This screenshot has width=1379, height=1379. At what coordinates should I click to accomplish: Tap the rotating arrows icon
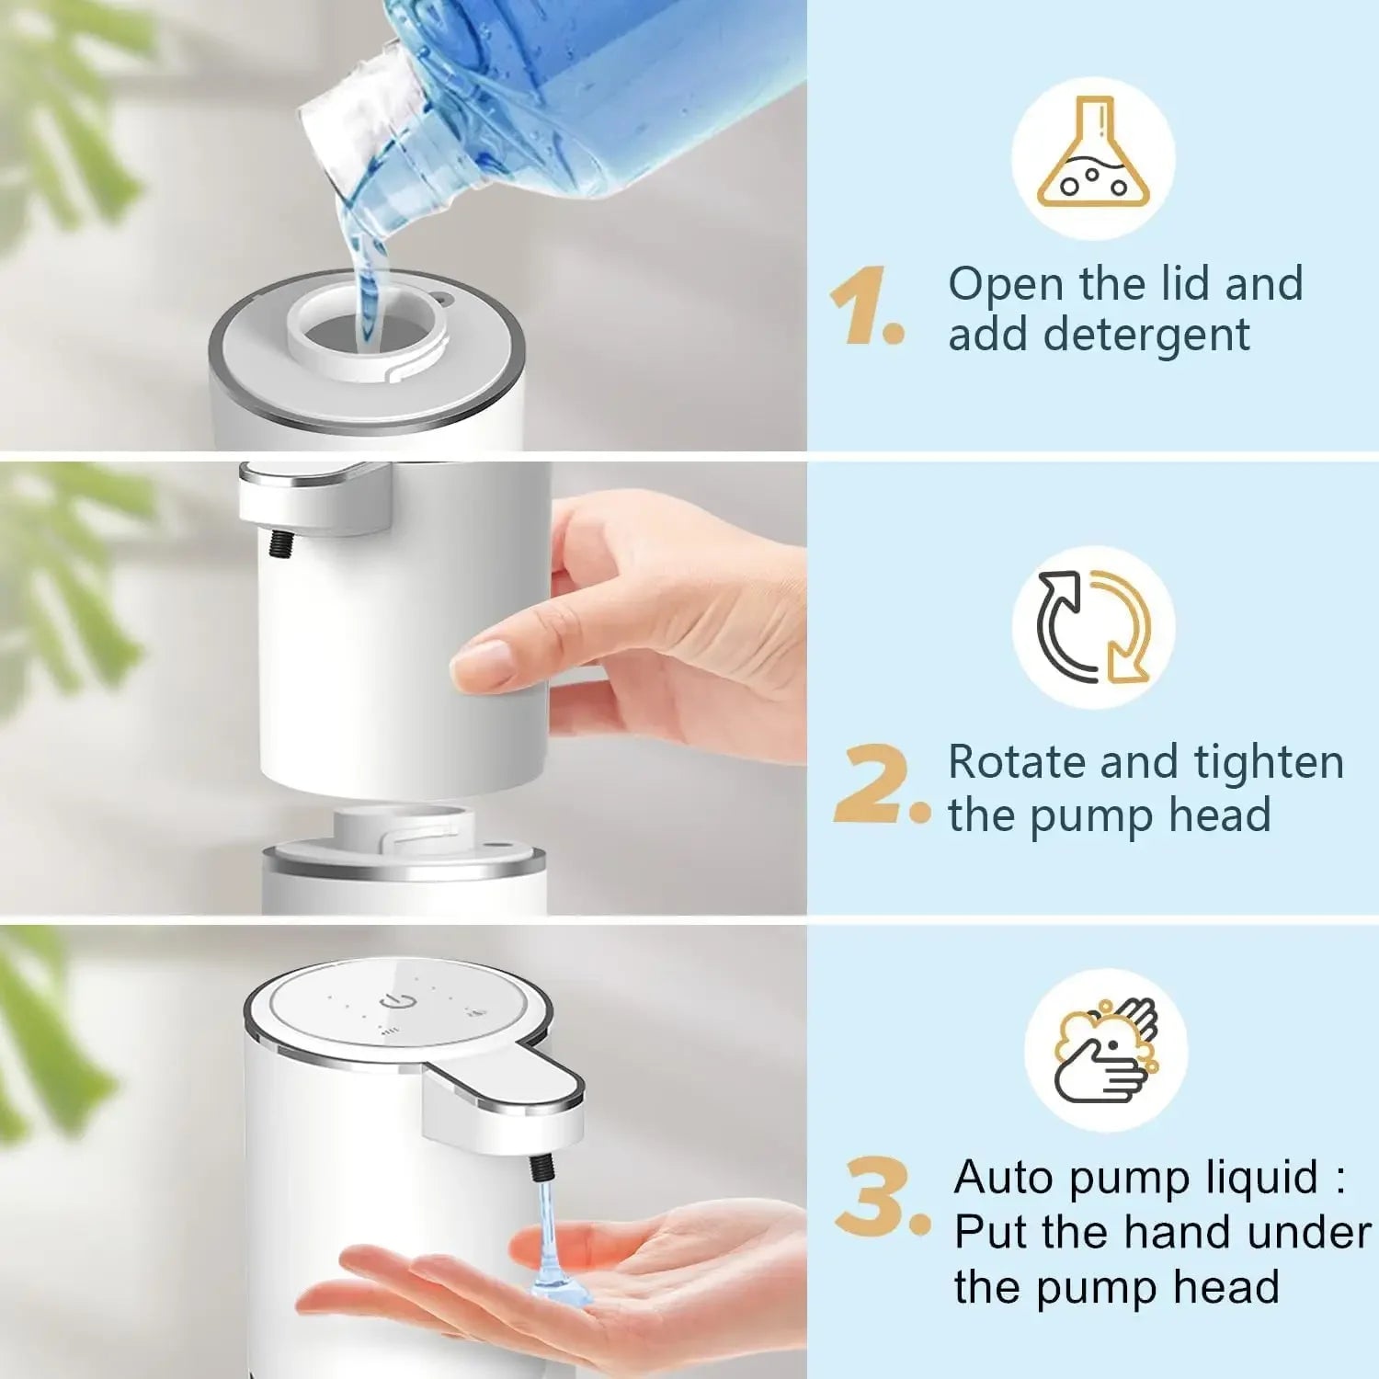pyautogui.click(x=1093, y=627)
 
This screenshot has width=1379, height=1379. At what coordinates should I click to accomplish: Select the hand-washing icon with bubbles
pyautogui.click(x=1106, y=1050)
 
